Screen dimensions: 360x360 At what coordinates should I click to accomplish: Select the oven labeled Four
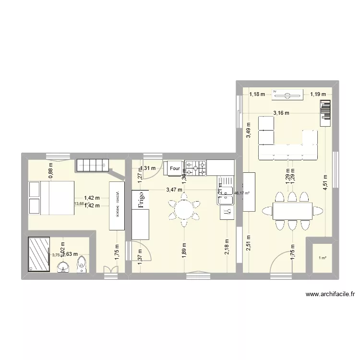(x=174, y=168)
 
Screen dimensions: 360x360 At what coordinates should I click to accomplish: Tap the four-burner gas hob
(x=196, y=168)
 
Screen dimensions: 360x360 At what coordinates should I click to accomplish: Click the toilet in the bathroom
(x=83, y=264)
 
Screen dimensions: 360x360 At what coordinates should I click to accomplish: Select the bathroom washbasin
(x=63, y=267)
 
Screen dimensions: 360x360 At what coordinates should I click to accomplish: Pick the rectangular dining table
(x=292, y=210)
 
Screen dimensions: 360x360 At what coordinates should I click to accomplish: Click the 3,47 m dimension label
(x=174, y=190)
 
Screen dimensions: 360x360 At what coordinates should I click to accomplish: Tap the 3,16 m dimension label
(x=281, y=113)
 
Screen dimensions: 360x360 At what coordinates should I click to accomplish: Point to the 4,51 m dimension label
(x=325, y=183)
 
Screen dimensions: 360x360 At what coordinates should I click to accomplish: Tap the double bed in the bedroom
(x=51, y=197)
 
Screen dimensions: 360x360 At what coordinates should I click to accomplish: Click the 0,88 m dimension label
(x=50, y=171)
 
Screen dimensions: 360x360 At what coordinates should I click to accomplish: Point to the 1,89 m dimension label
(x=184, y=251)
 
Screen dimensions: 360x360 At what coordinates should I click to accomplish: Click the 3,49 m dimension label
(x=248, y=131)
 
